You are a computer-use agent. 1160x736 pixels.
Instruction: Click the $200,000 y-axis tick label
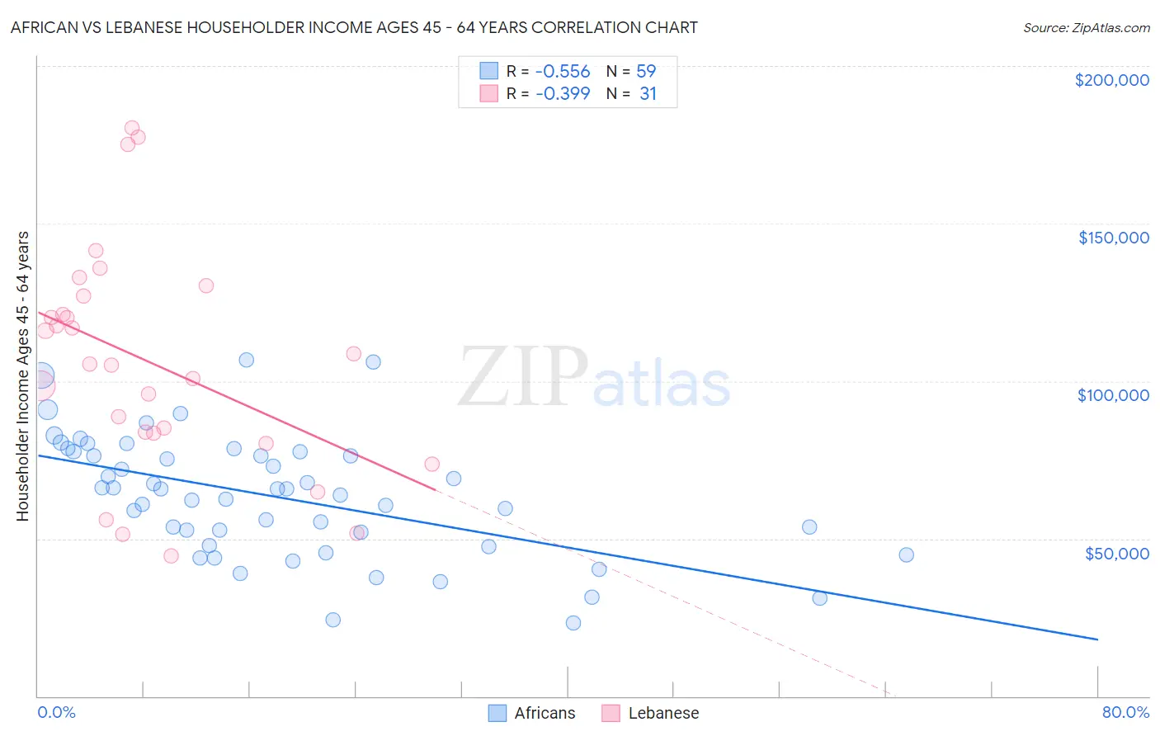coord(1111,80)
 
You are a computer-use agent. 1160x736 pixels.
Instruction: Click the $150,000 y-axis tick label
coord(1113,238)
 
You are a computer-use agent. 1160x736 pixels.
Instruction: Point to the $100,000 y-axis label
coord(1113,395)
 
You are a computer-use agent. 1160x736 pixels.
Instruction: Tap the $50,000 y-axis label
coord(1116,553)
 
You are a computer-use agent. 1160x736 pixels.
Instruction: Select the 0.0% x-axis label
coord(56,712)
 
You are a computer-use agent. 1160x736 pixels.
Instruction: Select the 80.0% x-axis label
coord(1125,712)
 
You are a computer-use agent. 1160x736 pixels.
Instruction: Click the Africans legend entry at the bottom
coord(532,713)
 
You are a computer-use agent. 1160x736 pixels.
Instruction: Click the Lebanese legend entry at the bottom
coord(651,713)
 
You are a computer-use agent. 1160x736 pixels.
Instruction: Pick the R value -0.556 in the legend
coord(563,72)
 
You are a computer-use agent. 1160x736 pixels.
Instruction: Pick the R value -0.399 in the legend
coord(563,94)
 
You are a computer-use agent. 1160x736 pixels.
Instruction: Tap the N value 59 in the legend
coord(646,72)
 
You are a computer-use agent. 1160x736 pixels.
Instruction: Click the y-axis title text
coord(23,376)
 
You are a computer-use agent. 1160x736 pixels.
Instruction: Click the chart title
coord(354,28)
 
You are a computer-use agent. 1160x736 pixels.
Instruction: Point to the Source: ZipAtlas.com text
coord(1086,28)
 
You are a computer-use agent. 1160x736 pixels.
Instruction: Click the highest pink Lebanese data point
coord(132,128)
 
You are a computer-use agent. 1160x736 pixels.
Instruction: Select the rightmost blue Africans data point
coord(906,554)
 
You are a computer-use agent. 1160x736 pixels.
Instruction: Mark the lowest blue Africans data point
coord(573,623)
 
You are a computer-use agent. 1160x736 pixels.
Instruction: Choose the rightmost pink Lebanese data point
coord(431,465)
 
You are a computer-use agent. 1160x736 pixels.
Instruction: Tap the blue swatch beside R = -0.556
coord(488,72)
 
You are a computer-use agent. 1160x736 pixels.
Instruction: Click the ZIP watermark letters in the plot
coord(523,376)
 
